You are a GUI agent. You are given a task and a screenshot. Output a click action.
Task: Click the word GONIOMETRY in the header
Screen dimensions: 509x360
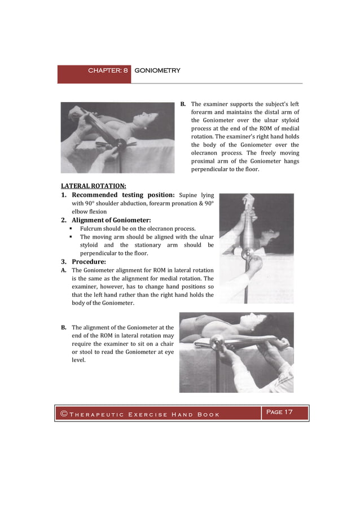click(157, 71)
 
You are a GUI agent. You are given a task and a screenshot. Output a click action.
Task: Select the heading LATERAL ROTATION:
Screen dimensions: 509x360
click(93, 186)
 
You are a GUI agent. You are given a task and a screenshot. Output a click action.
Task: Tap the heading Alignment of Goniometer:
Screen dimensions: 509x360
click(111, 220)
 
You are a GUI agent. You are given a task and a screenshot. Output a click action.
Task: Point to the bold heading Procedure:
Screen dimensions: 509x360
click(89, 262)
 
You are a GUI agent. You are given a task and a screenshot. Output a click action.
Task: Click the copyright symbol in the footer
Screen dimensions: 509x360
click(64, 415)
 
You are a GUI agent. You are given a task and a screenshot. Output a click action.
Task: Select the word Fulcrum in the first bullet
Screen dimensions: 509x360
click(92, 229)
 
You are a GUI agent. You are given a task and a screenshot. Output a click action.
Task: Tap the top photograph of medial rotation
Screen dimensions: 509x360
click(118, 137)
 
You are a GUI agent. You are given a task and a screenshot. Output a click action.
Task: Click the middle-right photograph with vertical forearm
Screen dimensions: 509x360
click(256, 248)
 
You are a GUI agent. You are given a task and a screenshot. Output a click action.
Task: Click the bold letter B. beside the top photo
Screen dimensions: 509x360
click(183, 104)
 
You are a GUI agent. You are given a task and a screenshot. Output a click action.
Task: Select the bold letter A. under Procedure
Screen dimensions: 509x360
click(64, 270)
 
